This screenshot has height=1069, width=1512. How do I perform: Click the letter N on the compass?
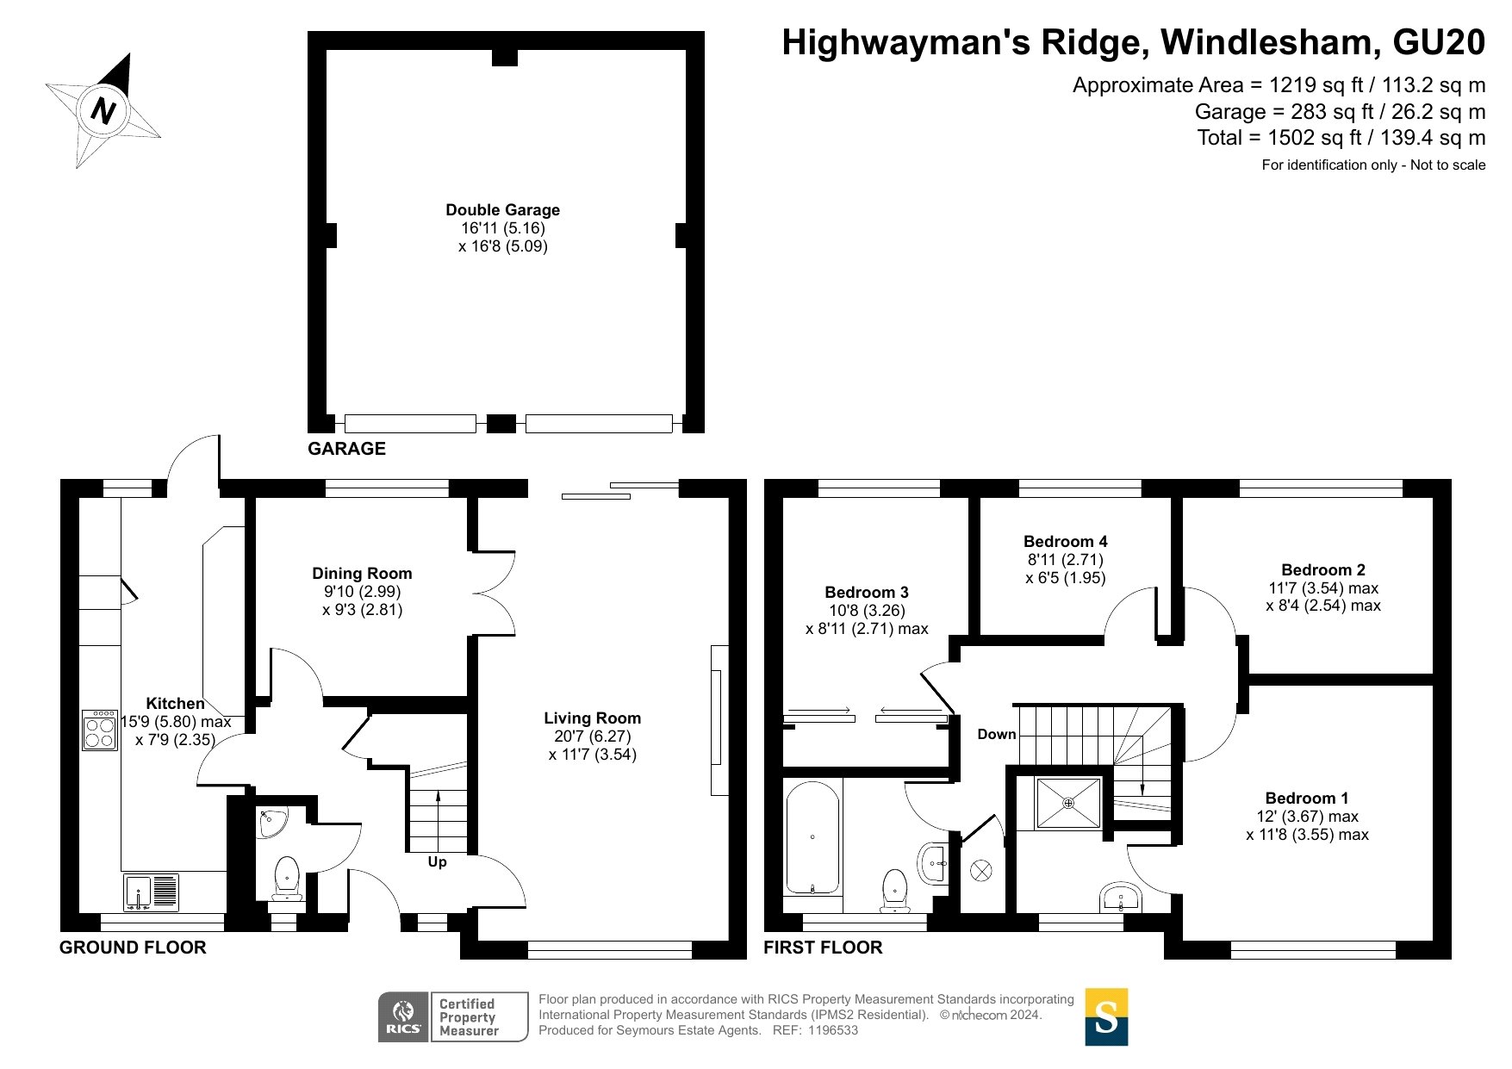coord(104,110)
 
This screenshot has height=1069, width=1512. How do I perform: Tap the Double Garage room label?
coord(502,209)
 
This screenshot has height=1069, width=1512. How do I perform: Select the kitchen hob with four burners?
coord(100,730)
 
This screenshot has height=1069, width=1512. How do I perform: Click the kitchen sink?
coord(152,892)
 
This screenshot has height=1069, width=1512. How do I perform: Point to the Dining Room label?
coord(362,573)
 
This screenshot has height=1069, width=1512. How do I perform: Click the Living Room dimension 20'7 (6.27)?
coord(592,736)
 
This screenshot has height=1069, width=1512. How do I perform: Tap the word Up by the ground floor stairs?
coord(437,861)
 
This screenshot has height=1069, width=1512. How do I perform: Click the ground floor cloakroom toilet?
coord(287,880)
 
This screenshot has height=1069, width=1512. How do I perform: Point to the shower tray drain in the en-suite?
coord(1068,803)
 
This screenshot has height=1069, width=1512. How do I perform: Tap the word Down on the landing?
coord(997,734)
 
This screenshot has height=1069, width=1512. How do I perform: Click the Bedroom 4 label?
coord(1065,541)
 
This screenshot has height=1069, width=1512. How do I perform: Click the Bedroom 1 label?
coord(1307,798)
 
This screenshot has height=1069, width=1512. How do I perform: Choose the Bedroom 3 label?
coord(867,592)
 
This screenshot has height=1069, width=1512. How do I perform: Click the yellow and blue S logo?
coord(1106,1016)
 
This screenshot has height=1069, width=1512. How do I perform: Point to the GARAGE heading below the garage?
coord(347,448)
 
